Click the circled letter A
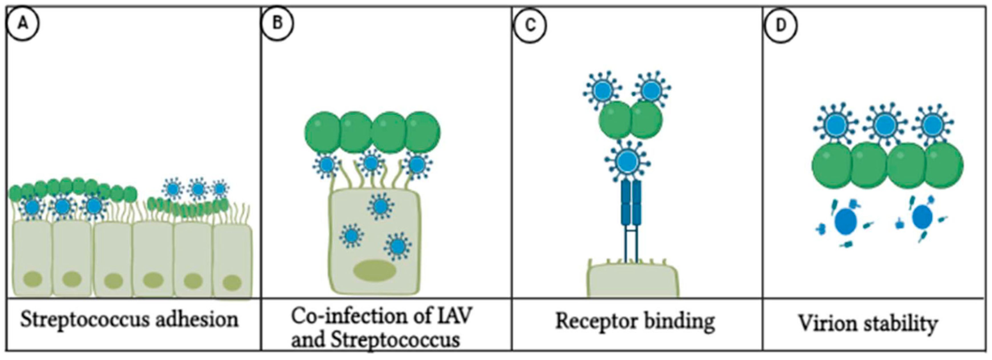point(23,24)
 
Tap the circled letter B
point(277,24)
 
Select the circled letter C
point(530,26)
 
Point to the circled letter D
point(780,26)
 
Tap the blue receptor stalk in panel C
point(631,216)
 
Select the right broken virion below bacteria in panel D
point(922,218)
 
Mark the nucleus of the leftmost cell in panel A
point(33,279)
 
